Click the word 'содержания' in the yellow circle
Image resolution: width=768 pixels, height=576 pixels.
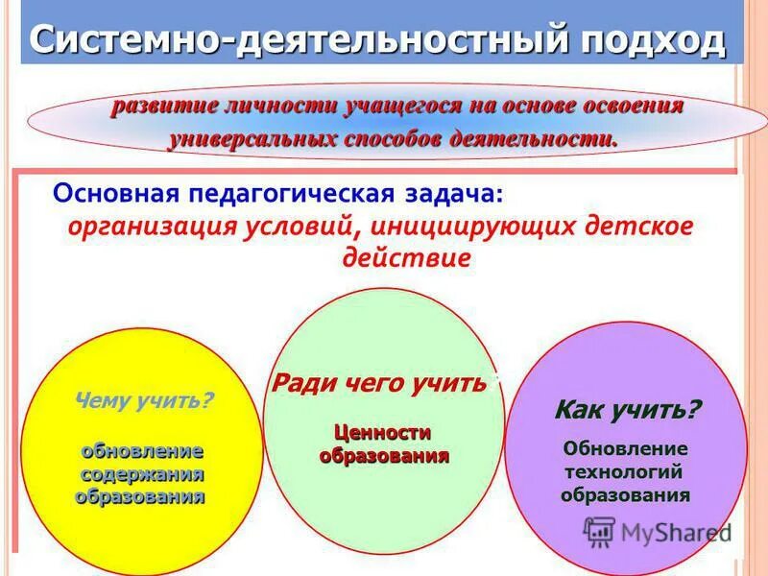tap(142, 474)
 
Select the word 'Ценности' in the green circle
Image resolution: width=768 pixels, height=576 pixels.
tap(383, 433)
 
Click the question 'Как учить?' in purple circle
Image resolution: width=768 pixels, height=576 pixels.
tap(627, 410)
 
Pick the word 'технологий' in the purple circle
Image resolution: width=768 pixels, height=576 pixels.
tap(625, 471)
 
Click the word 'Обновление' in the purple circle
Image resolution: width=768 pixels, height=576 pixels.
tap(625, 448)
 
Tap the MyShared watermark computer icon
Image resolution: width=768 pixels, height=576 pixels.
tap(599, 531)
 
